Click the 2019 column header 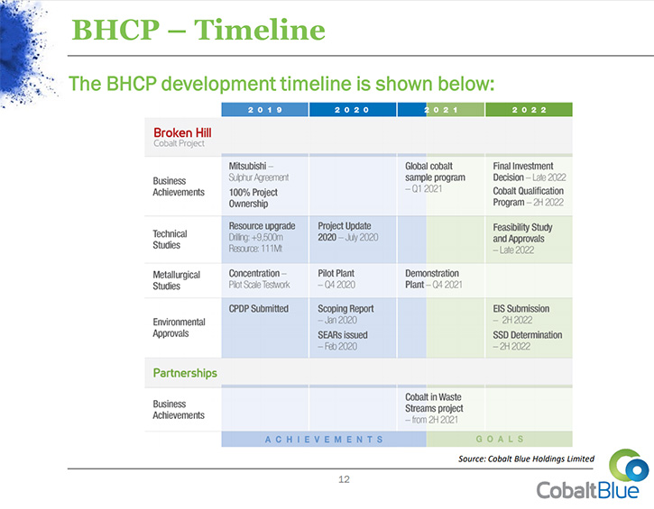tap(265, 110)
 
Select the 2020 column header tap(353, 110)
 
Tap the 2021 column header tap(441, 110)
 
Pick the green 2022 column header tap(529, 110)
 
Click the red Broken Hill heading tap(182, 132)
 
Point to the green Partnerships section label tap(185, 373)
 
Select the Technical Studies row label tap(170, 239)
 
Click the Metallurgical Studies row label tap(177, 280)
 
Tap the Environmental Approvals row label tap(179, 327)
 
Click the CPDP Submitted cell tap(259, 309)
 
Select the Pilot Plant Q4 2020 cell tap(336, 278)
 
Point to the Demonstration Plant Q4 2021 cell tap(434, 278)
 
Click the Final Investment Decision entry tap(530, 171)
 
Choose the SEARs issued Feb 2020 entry tap(343, 341)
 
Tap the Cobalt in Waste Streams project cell tap(434, 408)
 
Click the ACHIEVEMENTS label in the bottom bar tap(324, 440)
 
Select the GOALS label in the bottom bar tap(500, 439)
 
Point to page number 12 tap(344, 479)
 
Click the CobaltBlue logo tap(593, 475)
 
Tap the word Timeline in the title tap(260, 30)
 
